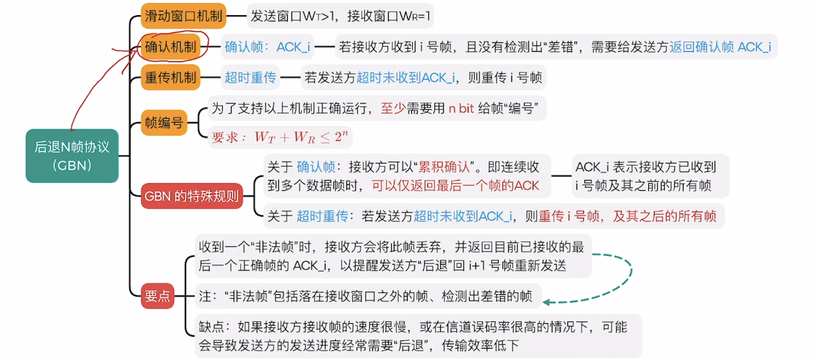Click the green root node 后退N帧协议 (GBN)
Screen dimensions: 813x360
click(x=72, y=156)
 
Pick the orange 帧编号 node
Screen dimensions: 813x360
click(x=165, y=123)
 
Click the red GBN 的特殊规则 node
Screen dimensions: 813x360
click(x=192, y=196)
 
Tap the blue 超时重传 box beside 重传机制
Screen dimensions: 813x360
click(x=251, y=78)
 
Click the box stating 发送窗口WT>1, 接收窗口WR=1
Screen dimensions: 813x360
click(x=341, y=16)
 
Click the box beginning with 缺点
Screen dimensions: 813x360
click(x=413, y=336)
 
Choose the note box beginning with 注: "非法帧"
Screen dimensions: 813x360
click(x=365, y=296)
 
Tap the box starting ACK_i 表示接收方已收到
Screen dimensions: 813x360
click(x=650, y=176)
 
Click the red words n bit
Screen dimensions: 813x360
click(x=461, y=109)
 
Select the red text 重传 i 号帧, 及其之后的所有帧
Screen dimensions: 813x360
click(x=627, y=217)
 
